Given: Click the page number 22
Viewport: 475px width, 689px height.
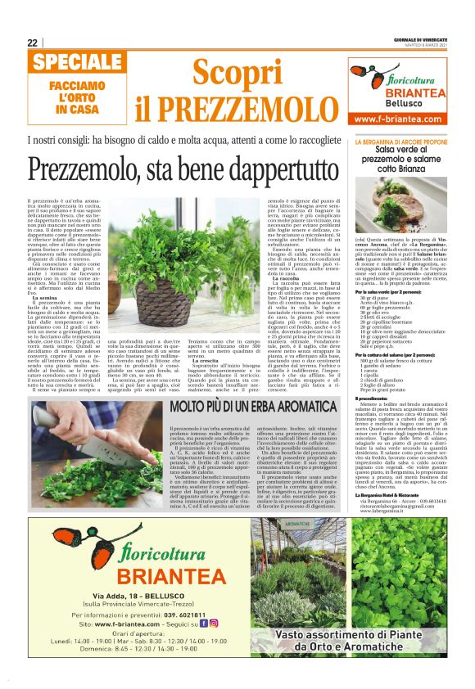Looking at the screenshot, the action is point(31,43).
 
